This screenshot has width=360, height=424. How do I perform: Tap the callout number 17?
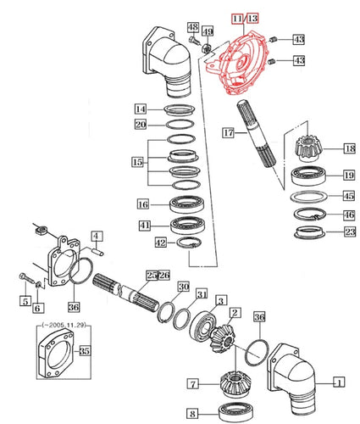(228, 132)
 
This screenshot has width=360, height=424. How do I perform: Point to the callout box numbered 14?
(141, 109)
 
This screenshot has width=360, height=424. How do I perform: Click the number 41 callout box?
(145, 225)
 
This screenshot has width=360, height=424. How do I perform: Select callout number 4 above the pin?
(97, 236)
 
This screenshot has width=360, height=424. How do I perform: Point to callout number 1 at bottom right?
(338, 381)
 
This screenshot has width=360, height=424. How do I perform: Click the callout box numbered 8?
(192, 415)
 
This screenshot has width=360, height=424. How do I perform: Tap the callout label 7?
(192, 385)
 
